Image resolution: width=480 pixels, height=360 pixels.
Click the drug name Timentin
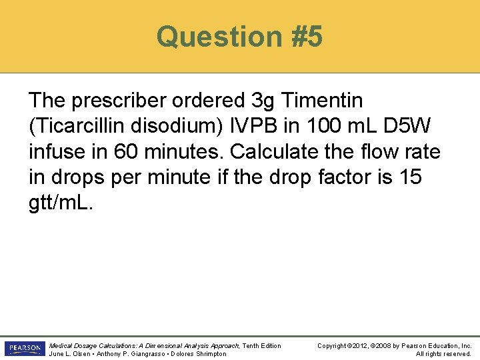click(x=323, y=101)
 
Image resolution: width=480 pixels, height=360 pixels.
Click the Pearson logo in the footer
click(x=23, y=349)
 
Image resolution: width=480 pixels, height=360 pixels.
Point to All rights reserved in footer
click(x=443, y=353)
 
